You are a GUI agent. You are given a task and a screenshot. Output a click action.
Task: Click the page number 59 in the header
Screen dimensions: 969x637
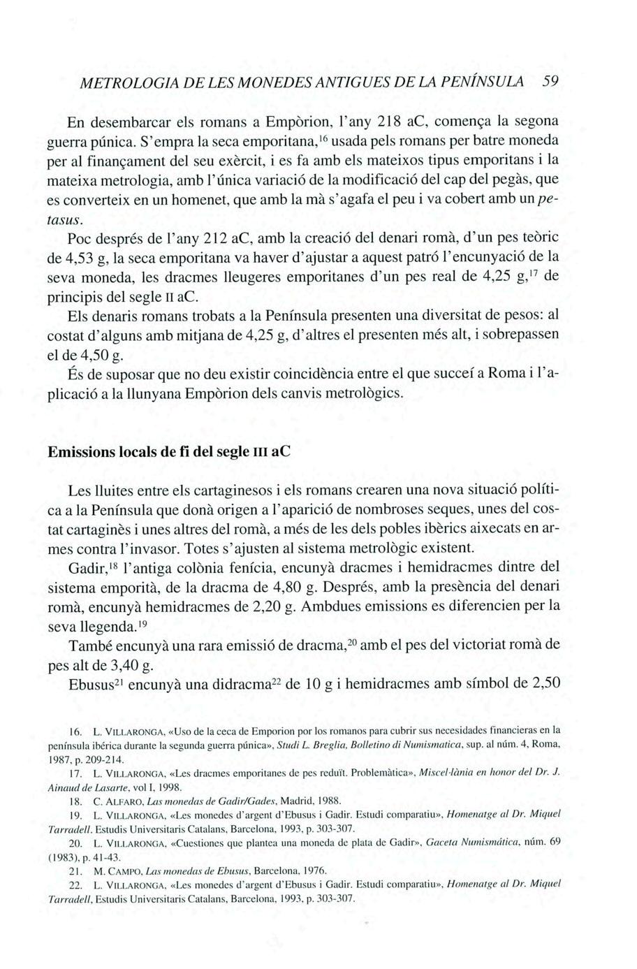coord(552,80)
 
